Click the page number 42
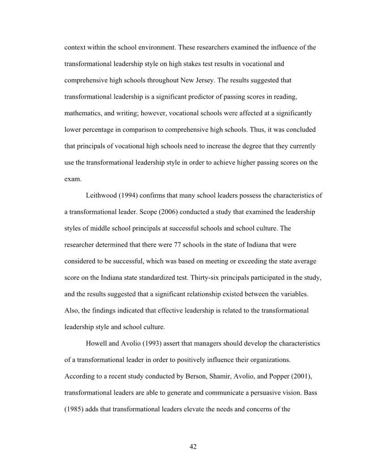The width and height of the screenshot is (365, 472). tap(193, 447)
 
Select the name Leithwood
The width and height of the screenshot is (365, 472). tap(100, 196)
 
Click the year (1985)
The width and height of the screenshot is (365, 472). tap(75, 409)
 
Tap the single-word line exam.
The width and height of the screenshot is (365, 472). tap(72, 179)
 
